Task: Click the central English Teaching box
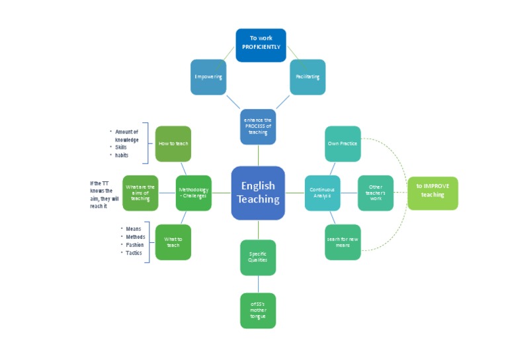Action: [258, 193]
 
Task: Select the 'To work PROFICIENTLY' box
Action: [261, 45]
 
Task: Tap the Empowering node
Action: [208, 77]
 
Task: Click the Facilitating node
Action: [308, 77]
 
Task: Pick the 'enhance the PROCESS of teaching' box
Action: [258, 126]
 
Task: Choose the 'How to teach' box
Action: [173, 144]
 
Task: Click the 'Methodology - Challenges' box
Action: [193, 193]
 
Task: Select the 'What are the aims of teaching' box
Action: [140, 193]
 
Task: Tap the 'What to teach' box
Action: [173, 242]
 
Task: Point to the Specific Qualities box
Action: [258, 257]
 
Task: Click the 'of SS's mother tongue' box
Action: [258, 310]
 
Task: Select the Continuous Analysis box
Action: [322, 193]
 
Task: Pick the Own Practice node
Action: [343, 144]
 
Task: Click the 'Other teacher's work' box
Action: [376, 193]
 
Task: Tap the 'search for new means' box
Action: [343, 242]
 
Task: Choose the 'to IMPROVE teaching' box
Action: [433, 193]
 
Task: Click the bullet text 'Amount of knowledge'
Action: [126, 136]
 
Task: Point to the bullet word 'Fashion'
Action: [134, 245]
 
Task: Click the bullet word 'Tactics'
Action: [134, 253]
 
